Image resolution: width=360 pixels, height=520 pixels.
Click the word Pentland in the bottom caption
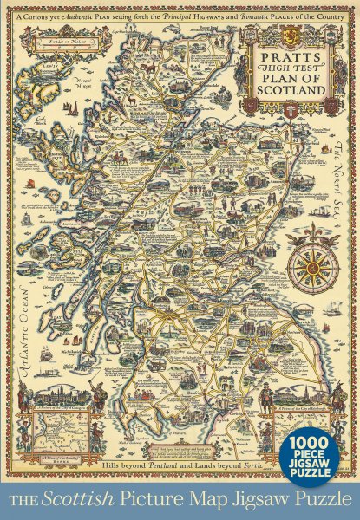pos(141,468)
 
